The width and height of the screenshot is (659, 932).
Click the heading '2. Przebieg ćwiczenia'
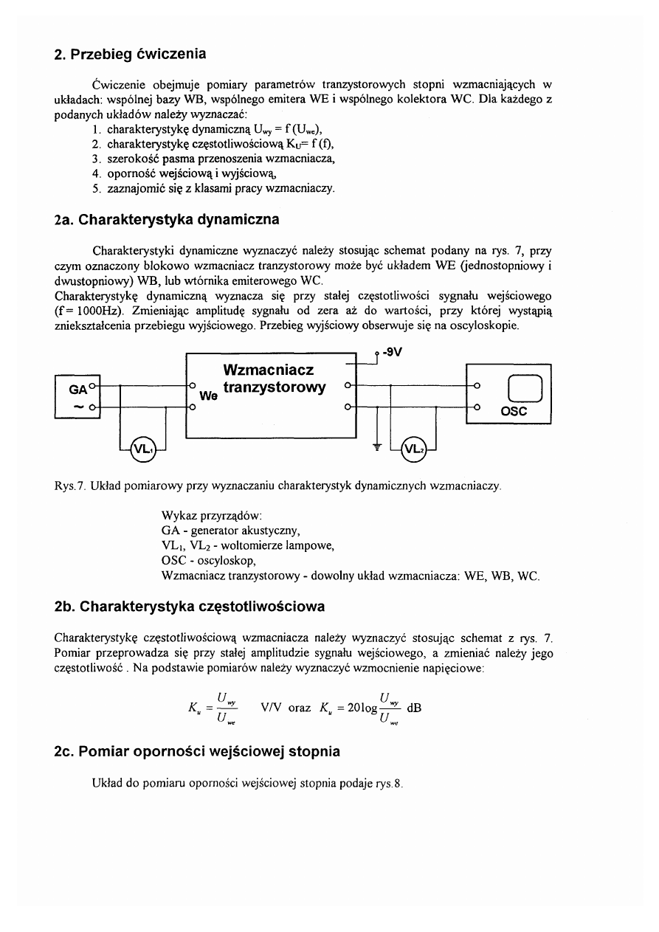[130, 55]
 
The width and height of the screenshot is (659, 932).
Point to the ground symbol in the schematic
[377, 446]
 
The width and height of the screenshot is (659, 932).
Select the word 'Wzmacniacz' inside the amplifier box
[268, 369]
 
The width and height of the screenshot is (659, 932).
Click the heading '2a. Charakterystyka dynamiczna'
[167, 219]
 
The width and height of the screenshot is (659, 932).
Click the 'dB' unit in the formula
[415, 707]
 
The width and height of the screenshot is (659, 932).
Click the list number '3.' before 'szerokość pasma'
[96, 159]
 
